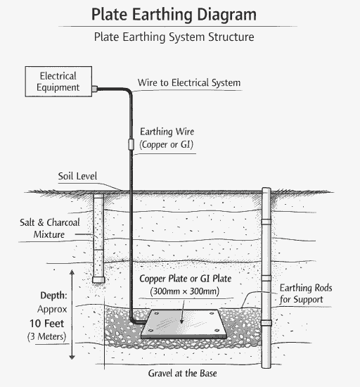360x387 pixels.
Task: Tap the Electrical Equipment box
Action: point(58,81)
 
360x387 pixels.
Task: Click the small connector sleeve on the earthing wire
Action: point(131,144)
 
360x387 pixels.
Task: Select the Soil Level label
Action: point(78,176)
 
